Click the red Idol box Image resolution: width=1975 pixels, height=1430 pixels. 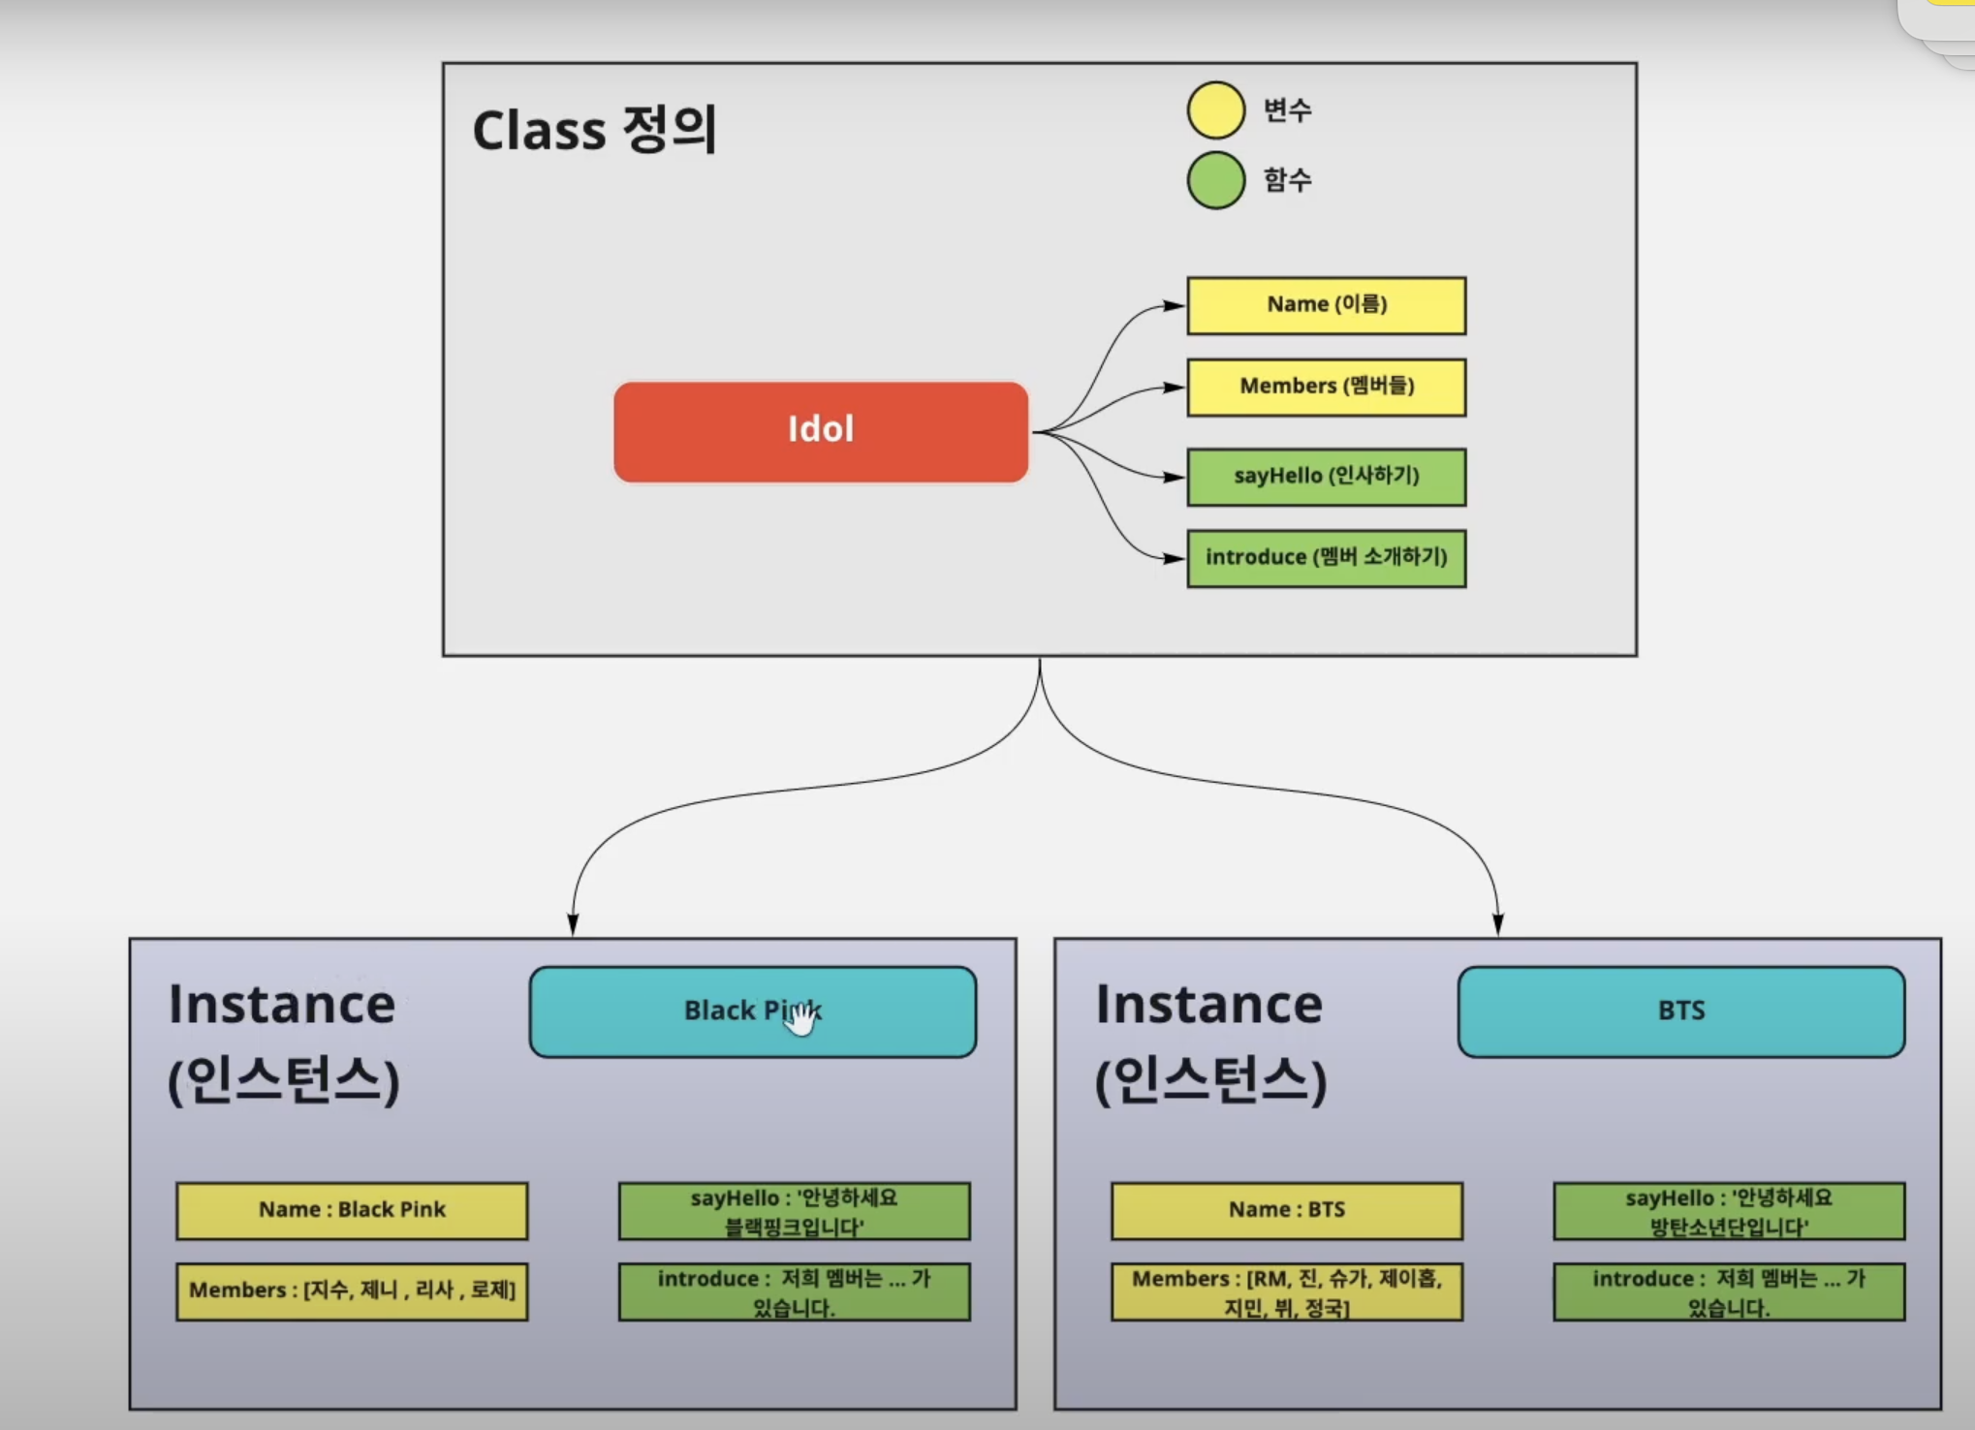pos(821,431)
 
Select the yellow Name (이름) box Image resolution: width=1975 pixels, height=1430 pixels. pos(1327,305)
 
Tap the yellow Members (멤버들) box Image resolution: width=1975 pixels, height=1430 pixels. pos(1327,388)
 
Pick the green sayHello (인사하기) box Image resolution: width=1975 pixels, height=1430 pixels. pos(1327,477)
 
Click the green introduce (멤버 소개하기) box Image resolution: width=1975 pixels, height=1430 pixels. pos(1327,558)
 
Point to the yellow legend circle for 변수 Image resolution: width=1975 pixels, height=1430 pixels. pos(1216,110)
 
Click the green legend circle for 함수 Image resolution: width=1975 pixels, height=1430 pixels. pos(1216,180)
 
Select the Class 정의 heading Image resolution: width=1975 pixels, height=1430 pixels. pos(595,130)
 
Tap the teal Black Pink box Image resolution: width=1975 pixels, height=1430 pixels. pos(753,1011)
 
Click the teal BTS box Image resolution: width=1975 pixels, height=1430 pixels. pos(1681,1011)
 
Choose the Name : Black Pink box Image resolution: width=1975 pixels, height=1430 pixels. pos(352,1210)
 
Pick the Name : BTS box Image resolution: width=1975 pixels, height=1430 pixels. pos(1287,1210)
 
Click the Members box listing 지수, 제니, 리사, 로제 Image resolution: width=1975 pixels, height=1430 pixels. pos(352,1291)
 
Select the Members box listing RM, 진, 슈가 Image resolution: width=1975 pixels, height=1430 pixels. pos(1287,1291)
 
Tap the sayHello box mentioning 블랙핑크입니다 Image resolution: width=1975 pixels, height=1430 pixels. pos(795,1211)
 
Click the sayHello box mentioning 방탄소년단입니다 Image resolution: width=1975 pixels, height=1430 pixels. pos(1730,1211)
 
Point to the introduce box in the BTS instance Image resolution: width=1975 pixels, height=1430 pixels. pos(1730,1291)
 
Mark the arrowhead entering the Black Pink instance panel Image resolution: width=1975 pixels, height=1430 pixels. pos(573,925)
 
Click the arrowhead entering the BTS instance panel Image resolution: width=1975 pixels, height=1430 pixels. pos(1498,925)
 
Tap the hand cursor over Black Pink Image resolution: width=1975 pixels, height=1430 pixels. pos(799,1017)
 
